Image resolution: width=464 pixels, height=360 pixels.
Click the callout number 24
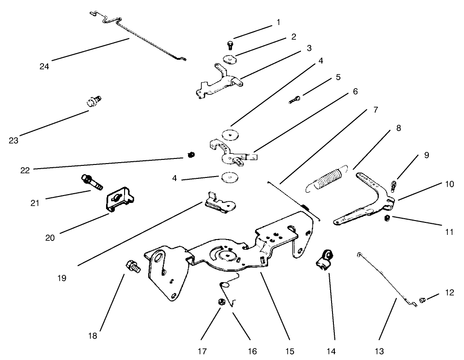pyautogui.click(x=44, y=66)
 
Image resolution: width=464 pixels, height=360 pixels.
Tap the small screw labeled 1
pyautogui.click(x=230, y=44)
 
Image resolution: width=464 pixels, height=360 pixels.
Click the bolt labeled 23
pyautogui.click(x=93, y=101)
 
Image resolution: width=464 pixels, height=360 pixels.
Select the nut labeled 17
pyautogui.click(x=221, y=302)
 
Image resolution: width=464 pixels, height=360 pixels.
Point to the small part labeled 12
pyautogui.click(x=422, y=300)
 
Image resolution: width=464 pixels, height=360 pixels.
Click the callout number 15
pyautogui.click(x=289, y=351)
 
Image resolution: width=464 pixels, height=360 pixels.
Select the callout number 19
pyautogui.click(x=62, y=278)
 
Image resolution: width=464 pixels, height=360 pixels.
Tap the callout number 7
pyautogui.click(x=376, y=110)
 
